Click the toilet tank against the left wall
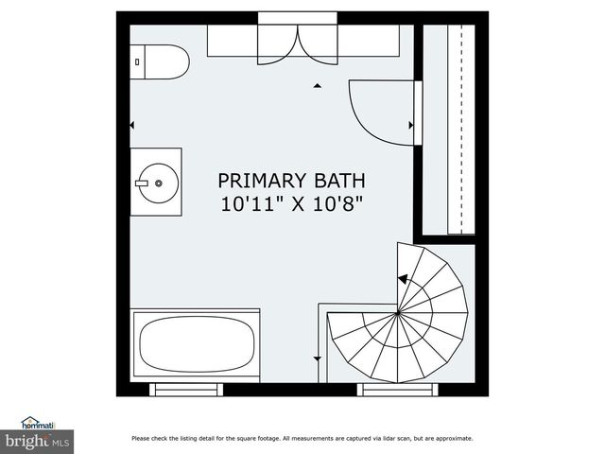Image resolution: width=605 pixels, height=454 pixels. pyautogui.click(x=137, y=61)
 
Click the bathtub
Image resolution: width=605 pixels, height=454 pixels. pyautogui.click(x=196, y=346)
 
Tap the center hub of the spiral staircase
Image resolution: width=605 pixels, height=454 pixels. pyautogui.click(x=398, y=313)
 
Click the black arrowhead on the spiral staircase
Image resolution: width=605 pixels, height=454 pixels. pyautogui.click(x=402, y=279)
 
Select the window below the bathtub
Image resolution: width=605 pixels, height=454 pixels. pyautogui.click(x=183, y=389)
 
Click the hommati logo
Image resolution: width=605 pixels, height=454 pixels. pyautogui.click(x=38, y=424)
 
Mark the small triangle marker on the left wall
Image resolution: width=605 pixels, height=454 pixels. pyautogui.click(x=132, y=125)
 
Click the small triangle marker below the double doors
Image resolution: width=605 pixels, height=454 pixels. pyautogui.click(x=318, y=86)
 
